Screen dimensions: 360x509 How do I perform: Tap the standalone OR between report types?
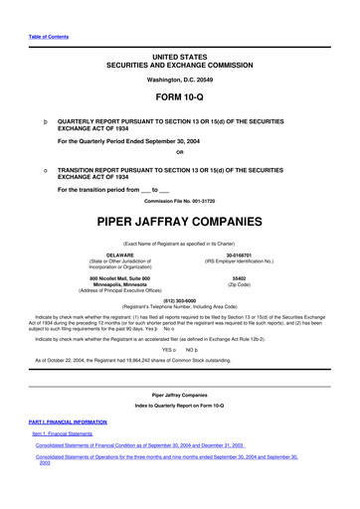[179, 152]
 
